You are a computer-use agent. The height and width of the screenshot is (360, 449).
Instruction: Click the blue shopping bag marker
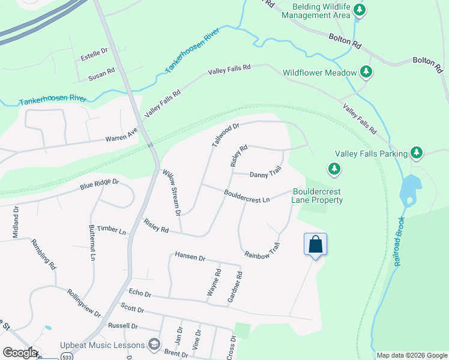coord(316,245)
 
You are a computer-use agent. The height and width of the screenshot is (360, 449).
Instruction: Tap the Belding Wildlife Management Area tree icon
coord(360,10)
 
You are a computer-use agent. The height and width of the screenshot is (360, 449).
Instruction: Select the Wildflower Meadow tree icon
coord(366,73)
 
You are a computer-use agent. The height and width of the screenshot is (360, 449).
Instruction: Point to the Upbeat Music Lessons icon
coord(154,345)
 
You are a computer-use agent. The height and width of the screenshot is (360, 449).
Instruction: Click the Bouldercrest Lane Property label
coord(318,196)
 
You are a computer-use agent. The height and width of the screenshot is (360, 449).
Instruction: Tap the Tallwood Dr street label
coord(226,135)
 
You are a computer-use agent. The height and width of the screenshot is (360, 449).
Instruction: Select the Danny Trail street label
coord(265,174)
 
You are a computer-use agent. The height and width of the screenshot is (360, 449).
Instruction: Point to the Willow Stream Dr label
coord(172,192)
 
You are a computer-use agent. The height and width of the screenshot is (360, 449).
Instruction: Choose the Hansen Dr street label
coord(190,257)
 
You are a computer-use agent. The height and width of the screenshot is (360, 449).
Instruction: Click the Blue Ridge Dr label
coord(100,184)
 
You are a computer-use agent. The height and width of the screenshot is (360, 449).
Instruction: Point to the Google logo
coord(20,353)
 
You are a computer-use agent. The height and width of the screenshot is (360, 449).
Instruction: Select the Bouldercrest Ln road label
coord(247,196)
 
